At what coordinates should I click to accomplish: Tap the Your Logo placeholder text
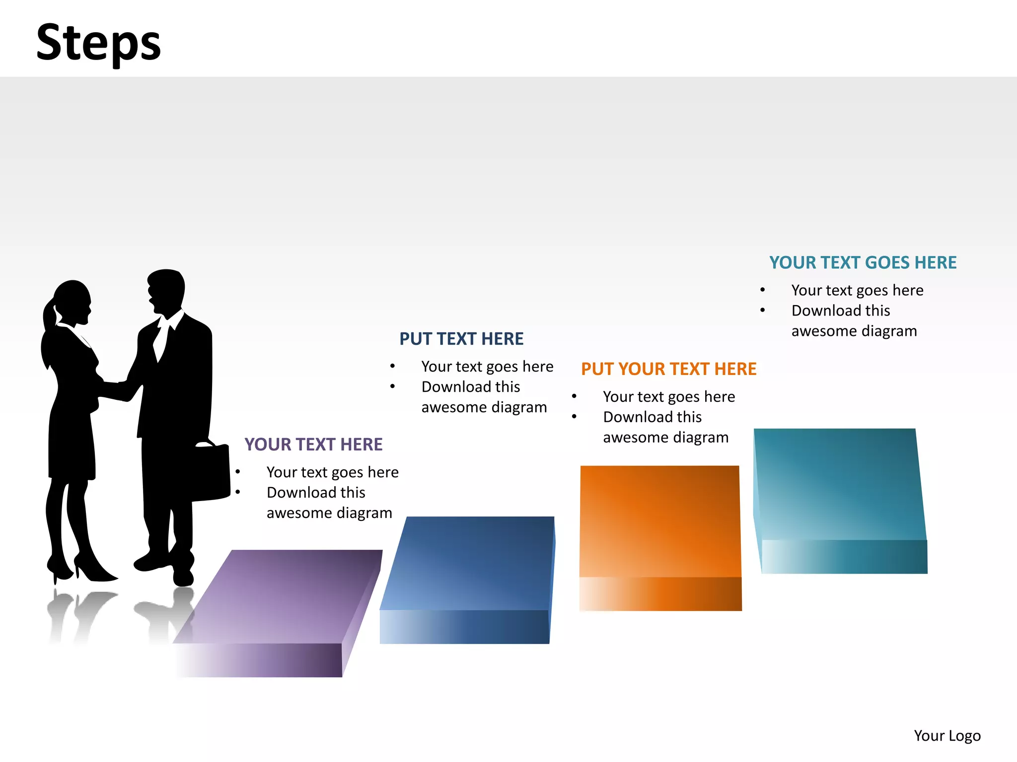[947, 735]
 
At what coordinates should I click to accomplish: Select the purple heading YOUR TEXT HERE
[313, 444]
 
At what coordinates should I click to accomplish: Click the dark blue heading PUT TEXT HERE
[461, 339]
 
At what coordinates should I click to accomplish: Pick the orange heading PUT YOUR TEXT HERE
[668, 369]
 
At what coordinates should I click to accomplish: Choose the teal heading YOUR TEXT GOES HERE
[863, 262]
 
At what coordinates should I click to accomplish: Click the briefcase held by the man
[211, 471]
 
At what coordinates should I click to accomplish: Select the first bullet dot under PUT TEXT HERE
[392, 367]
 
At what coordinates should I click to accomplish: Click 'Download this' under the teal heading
[840, 311]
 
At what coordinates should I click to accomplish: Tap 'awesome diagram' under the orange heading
[665, 438]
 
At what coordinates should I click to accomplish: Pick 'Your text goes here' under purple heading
[332, 472]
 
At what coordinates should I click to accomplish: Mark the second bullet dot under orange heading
[574, 417]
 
